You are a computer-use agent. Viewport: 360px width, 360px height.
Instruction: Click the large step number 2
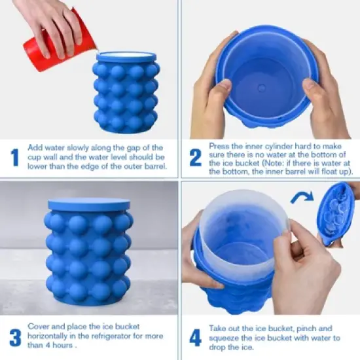click(194, 158)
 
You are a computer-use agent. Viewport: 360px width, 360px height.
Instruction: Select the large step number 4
click(194, 337)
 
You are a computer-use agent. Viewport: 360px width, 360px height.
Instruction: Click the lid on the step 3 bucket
click(88, 204)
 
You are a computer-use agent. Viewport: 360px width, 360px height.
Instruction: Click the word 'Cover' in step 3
click(39, 325)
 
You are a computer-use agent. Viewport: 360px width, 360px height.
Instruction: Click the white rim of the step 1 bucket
click(126, 56)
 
